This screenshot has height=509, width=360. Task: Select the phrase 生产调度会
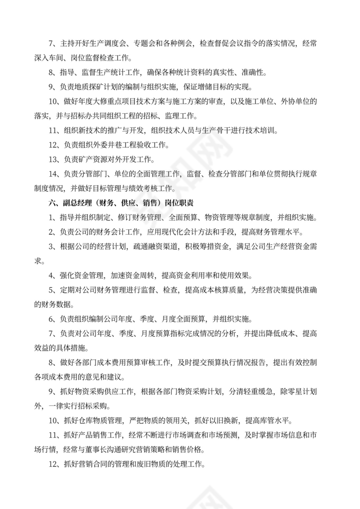click(104, 43)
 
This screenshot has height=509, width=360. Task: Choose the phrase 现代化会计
click(177, 232)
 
